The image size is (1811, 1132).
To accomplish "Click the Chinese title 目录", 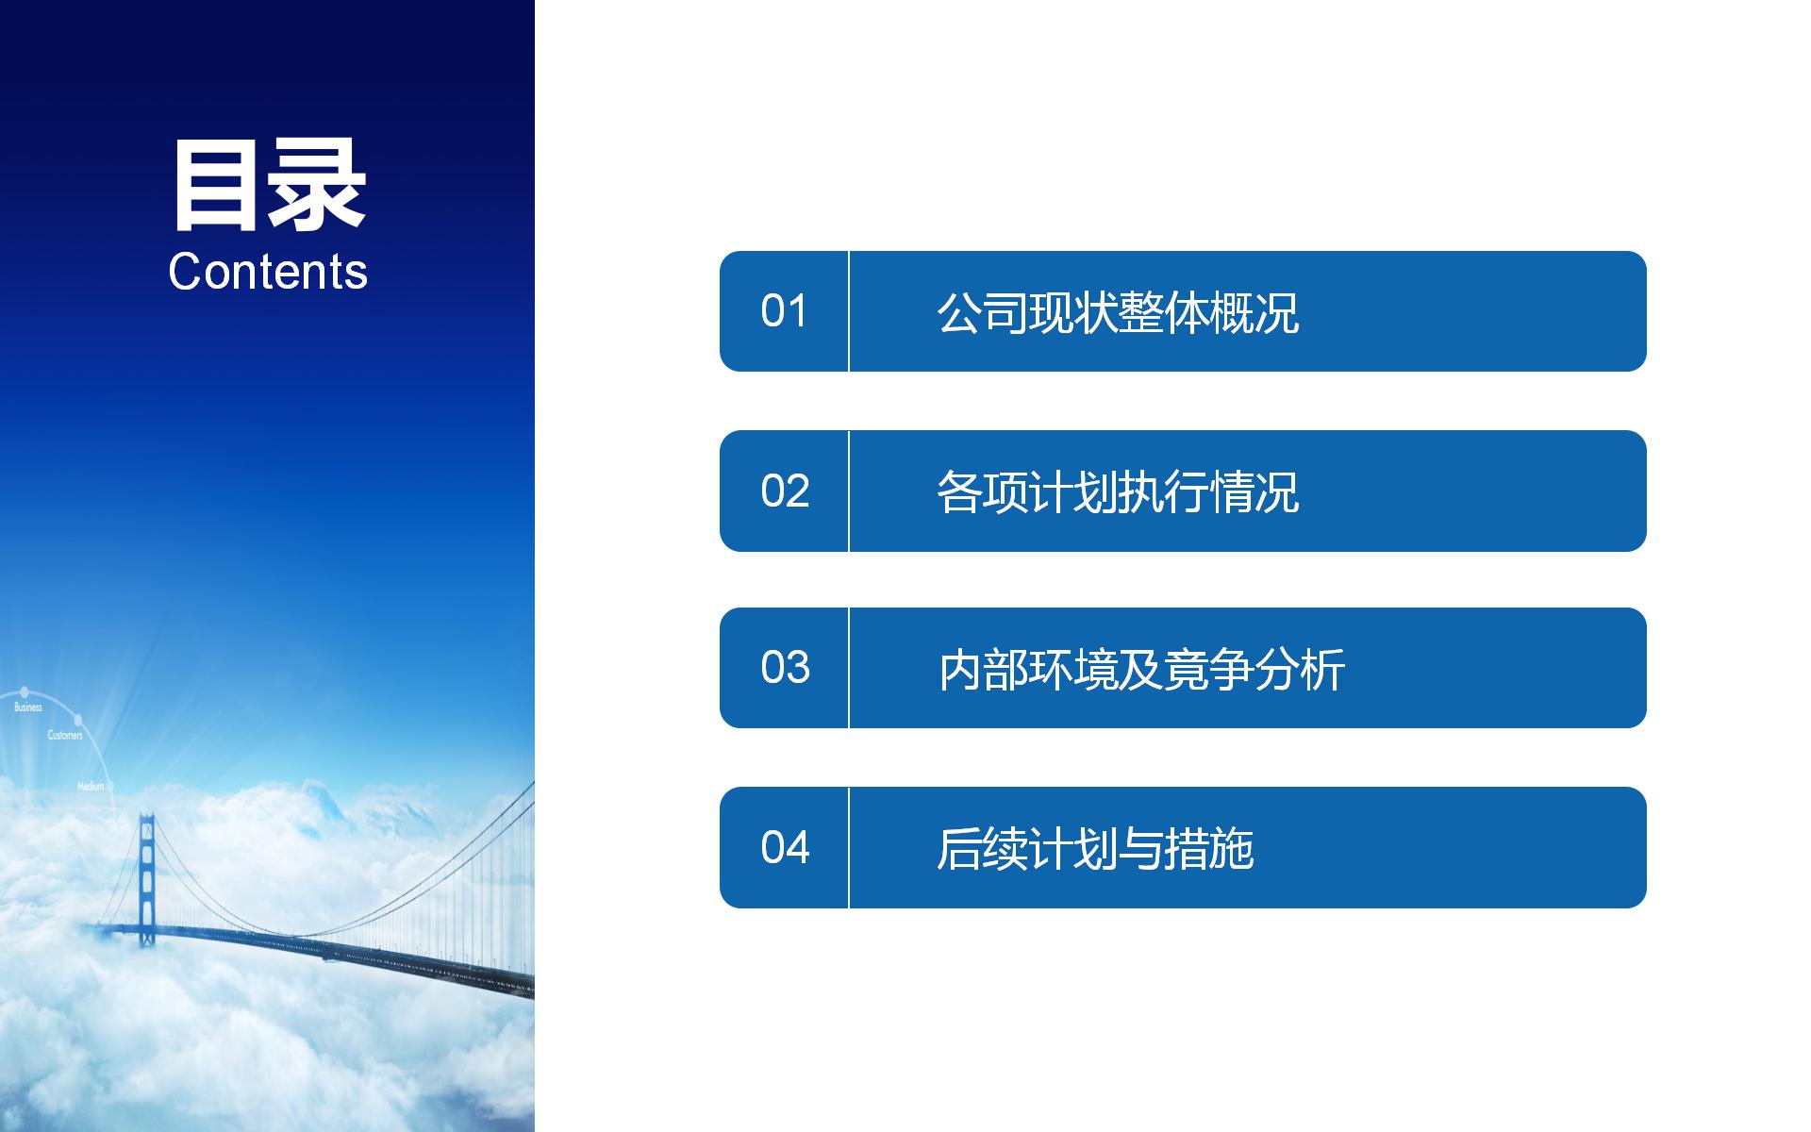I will pyautogui.click(x=269, y=186).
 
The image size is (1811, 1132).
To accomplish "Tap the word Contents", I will pyautogui.click(x=268, y=272).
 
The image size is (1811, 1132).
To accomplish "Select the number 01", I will pyautogui.click(x=785, y=311).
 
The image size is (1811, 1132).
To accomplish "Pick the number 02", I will pyautogui.click(x=785, y=491).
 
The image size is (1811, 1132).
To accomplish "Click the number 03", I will pyautogui.click(x=785, y=668).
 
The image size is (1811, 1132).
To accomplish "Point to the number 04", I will pyautogui.click(x=785, y=847).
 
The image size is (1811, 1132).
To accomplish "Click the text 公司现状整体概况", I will pyautogui.click(x=1118, y=312).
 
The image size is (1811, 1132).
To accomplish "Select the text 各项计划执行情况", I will pyautogui.click(x=1118, y=491).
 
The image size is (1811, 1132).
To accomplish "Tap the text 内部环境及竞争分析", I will pyautogui.click(x=1141, y=669).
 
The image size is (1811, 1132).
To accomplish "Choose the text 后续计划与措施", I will pyautogui.click(x=1095, y=848).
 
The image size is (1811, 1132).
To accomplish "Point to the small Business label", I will pyautogui.click(x=28, y=707).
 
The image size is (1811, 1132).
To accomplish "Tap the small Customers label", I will pyautogui.click(x=65, y=735).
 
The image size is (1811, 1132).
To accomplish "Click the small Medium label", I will pyautogui.click(x=91, y=786).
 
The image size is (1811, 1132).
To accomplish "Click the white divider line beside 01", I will pyautogui.click(x=849, y=311).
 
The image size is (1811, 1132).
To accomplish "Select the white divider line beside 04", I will pyautogui.click(x=849, y=847).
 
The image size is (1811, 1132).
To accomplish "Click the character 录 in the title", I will pyautogui.click(x=318, y=186).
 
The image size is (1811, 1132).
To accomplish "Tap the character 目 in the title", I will pyautogui.click(x=218, y=186).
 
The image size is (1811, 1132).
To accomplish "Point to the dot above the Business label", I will pyautogui.click(x=25, y=692).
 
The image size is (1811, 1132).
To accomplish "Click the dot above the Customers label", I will pyautogui.click(x=77, y=721).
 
